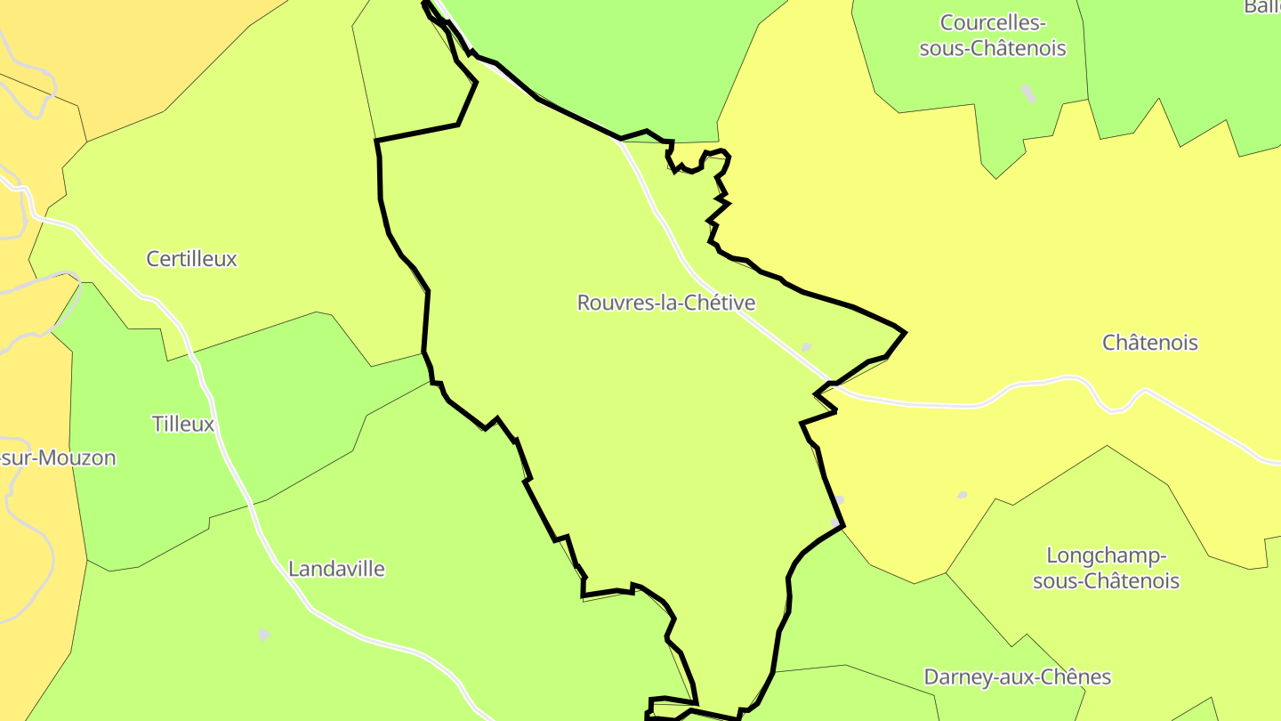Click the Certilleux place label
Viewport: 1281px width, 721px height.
coord(191,259)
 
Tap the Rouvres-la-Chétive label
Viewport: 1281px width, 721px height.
coord(666,303)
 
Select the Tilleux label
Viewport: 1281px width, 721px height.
coord(183,424)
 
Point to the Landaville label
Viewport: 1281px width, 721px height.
coord(336,569)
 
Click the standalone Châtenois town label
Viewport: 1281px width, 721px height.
coord(1149,343)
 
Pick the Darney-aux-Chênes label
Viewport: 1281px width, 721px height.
coord(1017,677)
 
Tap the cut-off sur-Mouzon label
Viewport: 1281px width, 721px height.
coord(59,458)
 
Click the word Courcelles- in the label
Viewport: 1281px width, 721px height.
coord(993,22)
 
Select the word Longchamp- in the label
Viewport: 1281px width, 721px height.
coord(1106,556)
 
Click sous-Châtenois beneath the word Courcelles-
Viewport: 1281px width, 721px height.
coord(993,48)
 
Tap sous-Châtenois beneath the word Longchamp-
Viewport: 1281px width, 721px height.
coord(1106,581)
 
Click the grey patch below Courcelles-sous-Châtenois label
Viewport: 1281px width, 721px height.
coord(1028,93)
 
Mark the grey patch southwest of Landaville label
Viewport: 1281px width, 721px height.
coord(264,635)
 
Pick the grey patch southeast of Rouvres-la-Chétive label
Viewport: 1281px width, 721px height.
coord(806,347)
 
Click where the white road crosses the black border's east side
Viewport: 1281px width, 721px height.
coord(829,384)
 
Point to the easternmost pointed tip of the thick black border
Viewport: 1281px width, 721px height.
coord(905,333)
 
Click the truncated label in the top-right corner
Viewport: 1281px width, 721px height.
coord(1262,6)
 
